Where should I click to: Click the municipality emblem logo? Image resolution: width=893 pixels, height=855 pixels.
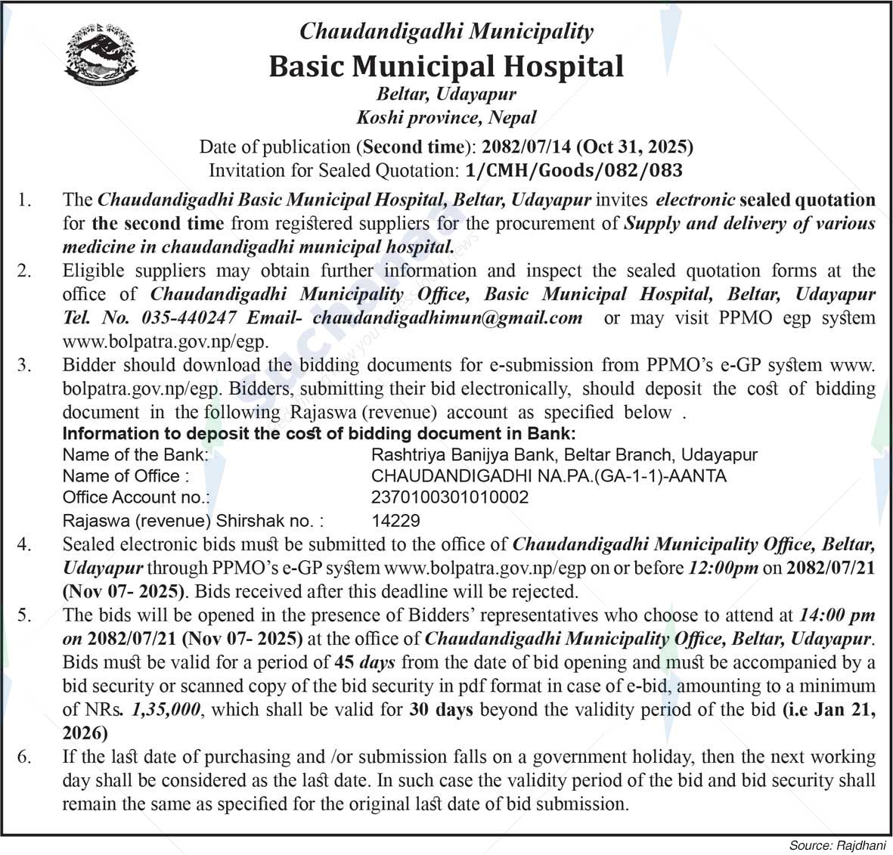[101, 54]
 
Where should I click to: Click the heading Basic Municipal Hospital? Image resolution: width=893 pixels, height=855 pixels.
[446, 67]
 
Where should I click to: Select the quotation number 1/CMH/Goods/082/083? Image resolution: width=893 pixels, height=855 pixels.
[575, 170]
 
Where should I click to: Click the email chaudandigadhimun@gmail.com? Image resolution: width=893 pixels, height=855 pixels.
[448, 318]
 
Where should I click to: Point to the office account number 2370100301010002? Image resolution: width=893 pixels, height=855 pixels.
[450, 497]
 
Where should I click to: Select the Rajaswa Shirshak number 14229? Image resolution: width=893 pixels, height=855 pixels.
[395, 521]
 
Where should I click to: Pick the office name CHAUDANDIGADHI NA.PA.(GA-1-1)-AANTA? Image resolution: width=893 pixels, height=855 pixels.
[548, 476]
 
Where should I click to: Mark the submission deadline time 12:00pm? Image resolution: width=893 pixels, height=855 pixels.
[723, 568]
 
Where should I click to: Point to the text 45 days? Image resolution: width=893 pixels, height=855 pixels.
[364, 663]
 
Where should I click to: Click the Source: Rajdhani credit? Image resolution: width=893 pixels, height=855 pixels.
[836, 845]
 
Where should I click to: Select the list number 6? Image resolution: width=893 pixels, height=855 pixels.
[25, 757]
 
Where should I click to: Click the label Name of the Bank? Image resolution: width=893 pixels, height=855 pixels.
[135, 455]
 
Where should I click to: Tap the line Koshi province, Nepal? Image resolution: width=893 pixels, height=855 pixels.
[446, 118]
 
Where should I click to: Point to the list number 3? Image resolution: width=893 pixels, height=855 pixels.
[25, 365]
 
